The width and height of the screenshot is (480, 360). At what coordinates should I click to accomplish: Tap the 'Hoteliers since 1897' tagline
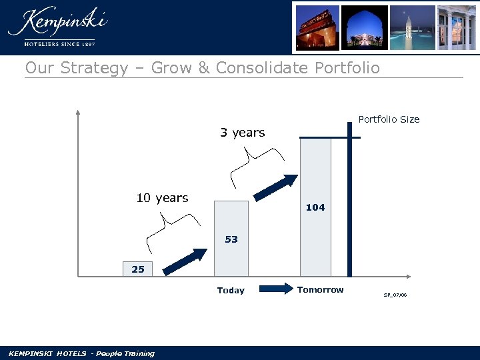pos(59,43)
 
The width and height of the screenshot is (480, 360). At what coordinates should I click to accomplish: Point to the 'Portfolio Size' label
pos(389,119)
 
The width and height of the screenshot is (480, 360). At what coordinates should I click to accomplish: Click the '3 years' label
pos(243,133)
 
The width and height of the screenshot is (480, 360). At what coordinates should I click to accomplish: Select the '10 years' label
pos(162,198)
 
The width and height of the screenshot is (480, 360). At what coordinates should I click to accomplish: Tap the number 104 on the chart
pos(315,207)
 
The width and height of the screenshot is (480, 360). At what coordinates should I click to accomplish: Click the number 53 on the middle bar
pos(231,239)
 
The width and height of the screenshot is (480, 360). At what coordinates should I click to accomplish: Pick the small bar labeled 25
pos(138,269)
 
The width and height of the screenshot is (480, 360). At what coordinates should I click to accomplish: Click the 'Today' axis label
pos(231,290)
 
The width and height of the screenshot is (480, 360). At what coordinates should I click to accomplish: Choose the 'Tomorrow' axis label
pos(320,289)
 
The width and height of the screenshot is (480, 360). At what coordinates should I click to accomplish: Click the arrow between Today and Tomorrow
pos(276,289)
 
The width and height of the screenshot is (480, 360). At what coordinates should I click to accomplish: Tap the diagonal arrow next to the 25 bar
pos(186,261)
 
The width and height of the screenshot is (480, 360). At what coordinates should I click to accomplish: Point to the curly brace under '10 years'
pos(173,230)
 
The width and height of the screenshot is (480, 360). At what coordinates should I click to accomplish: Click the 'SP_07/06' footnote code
pos(395,294)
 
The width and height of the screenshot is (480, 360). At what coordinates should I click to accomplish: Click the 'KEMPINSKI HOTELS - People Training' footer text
pos(81,353)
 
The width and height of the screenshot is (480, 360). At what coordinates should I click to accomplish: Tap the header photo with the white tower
pos(413,27)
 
